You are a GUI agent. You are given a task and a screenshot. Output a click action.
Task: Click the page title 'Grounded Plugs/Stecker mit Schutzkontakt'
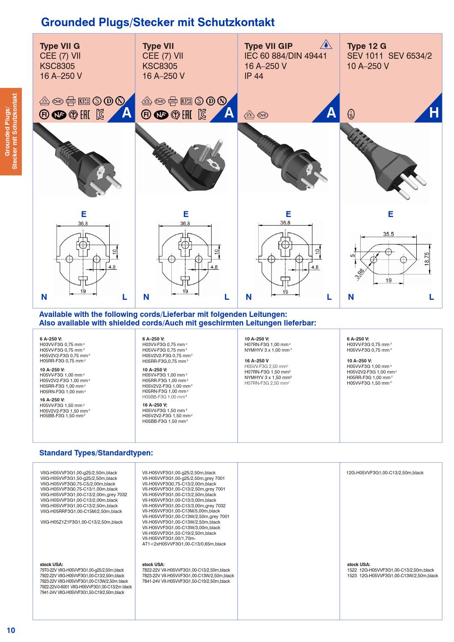pos(157,22)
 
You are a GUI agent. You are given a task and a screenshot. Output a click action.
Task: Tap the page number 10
pos(11,630)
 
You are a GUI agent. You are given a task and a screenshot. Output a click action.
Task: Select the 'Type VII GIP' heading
pos(268,46)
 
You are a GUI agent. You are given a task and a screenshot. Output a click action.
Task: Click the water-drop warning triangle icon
pos(325,44)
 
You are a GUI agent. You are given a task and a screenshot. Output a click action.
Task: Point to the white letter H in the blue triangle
pos(433,113)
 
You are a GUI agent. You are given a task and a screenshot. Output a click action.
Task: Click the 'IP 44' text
pos(254,76)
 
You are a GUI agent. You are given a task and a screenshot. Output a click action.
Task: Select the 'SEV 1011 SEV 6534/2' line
pos(389,56)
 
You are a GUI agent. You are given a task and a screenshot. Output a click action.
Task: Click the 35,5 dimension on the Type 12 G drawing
pos(388,234)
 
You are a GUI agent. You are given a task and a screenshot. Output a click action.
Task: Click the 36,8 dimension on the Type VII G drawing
pos(83,223)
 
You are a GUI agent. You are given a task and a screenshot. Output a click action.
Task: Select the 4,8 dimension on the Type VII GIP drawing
pos(315,267)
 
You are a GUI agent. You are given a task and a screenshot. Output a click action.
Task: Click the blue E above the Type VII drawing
pos(185,214)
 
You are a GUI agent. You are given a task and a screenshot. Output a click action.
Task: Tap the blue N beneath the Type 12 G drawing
pos(351,297)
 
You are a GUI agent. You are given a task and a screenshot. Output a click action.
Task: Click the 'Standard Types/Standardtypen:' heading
pos(96,452)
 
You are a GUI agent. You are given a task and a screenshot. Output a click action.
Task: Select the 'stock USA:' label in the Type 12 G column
pos(358,564)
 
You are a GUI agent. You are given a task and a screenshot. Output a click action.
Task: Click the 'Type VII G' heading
pos(60,46)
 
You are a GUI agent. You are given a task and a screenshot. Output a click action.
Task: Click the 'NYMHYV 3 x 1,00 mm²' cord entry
pos(268,350)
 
